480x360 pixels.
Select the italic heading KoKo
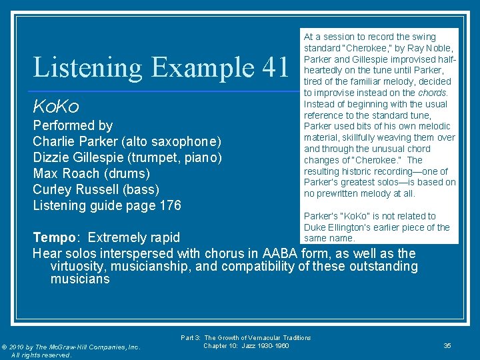(x=56, y=107)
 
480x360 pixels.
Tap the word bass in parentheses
(x=141, y=189)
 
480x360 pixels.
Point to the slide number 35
(x=447, y=345)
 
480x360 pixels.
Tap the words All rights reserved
(x=41, y=355)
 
